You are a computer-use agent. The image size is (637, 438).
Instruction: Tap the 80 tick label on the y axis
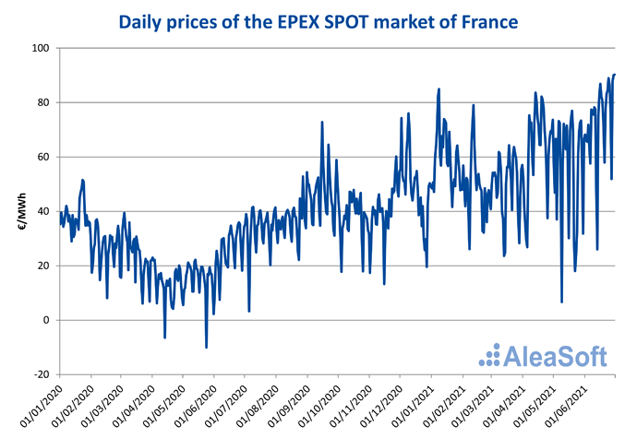click(x=41, y=102)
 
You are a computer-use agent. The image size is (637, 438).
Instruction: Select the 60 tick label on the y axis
click(x=41, y=157)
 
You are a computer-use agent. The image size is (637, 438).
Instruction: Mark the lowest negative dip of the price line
click(x=206, y=348)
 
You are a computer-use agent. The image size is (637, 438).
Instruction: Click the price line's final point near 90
click(x=615, y=75)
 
